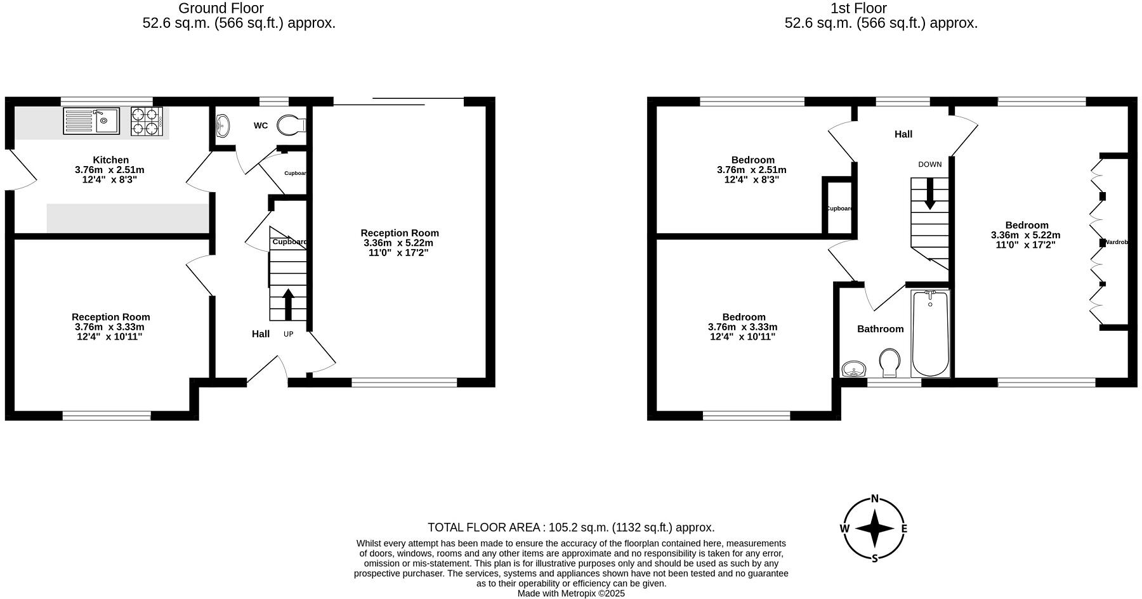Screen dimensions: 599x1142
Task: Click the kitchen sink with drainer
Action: [x=91, y=121]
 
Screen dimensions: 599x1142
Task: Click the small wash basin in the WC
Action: [x=223, y=126]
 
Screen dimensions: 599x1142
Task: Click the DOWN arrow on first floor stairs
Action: [x=929, y=193]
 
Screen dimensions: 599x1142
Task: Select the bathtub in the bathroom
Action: [x=930, y=333]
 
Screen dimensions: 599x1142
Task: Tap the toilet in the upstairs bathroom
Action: [x=890, y=363]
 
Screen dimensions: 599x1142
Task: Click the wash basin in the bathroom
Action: [x=854, y=368]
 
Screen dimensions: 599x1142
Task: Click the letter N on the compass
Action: [x=874, y=499]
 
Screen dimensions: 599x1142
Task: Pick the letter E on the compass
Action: [x=904, y=529]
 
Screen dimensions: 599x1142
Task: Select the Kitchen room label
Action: [x=110, y=160]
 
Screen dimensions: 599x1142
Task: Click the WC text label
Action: [x=261, y=126]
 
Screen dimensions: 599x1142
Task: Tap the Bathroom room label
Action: [x=880, y=329]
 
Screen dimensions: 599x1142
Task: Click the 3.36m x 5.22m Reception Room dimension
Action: [x=398, y=243]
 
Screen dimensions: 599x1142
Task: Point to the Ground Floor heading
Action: [x=221, y=8]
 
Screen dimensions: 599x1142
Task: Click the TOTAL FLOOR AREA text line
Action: [x=571, y=527]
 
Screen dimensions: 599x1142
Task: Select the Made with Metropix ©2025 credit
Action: [x=571, y=593]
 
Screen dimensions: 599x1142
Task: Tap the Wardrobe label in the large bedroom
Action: [x=1116, y=242]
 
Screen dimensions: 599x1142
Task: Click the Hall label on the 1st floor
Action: [x=903, y=134]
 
